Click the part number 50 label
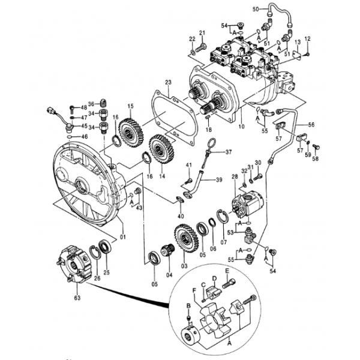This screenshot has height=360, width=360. point(254,8)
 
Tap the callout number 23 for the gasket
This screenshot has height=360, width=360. point(169,82)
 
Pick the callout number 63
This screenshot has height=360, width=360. point(77,296)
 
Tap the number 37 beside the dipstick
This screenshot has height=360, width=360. point(229,152)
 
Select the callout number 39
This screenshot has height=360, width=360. point(220,179)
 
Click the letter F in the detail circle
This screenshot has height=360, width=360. point(194,290)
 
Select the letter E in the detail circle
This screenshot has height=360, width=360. point(227,271)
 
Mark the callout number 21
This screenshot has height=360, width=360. point(202,32)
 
